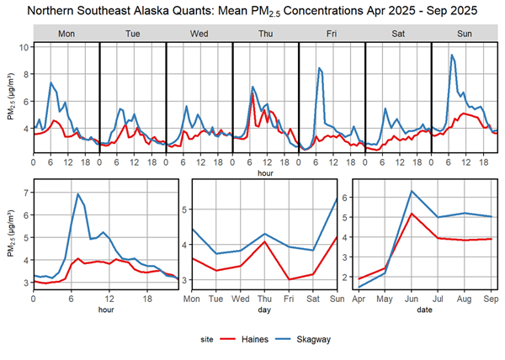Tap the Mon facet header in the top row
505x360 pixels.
pos(66,33)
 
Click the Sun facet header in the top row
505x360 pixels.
pos(465,33)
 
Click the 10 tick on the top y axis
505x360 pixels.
pos(25,47)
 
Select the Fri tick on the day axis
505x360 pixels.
pos(290,299)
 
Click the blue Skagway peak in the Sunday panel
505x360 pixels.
pos(452,56)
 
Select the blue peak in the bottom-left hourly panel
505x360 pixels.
pos(78,194)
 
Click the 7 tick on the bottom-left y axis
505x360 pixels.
pos(25,193)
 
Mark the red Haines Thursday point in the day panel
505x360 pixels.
pos(265,242)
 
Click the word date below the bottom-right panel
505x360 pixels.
pos(423,310)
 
